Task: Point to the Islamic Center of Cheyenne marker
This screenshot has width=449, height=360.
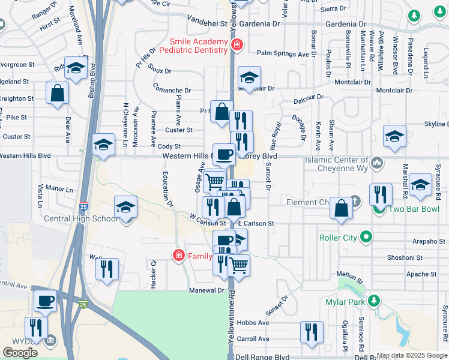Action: pyautogui.click(x=378, y=161)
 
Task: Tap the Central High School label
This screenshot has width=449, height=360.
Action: pyautogui.click(x=81, y=218)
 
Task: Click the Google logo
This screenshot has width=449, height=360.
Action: pyautogui.click(x=20, y=353)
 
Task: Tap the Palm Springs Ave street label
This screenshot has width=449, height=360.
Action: pyautogui.click(x=283, y=54)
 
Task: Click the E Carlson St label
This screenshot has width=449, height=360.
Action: pyautogui.click(x=255, y=223)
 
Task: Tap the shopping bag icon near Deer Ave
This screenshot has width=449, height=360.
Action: pyautogui.click(x=57, y=93)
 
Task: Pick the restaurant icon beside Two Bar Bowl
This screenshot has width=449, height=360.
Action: pyautogui.click(x=381, y=194)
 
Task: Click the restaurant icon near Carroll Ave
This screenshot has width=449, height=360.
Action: pyautogui.click(x=312, y=332)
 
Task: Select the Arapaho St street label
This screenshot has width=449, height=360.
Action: pyautogui.click(x=425, y=242)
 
